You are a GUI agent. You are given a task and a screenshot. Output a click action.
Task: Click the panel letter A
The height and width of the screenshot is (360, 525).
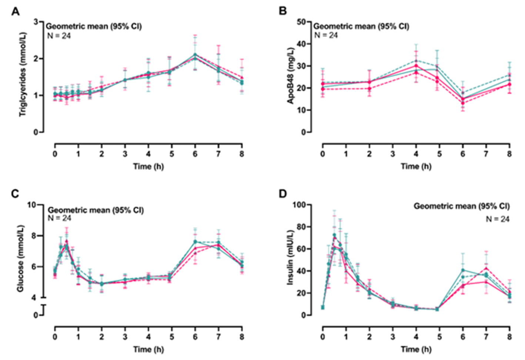[x=15, y=11]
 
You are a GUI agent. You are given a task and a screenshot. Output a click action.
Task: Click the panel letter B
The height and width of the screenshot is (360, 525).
[x=282, y=11]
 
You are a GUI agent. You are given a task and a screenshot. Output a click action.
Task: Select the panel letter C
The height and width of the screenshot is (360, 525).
[x=15, y=194]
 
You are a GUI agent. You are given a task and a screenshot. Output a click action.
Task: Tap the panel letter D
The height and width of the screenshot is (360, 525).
[x=282, y=194]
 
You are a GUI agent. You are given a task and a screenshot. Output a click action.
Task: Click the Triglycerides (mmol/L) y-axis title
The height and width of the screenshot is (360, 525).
[x=23, y=74]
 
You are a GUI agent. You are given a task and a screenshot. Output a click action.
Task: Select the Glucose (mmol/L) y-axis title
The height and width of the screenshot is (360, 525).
[x=21, y=258]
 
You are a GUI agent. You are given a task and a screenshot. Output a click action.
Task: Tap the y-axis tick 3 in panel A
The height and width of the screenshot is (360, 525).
[x=36, y=22]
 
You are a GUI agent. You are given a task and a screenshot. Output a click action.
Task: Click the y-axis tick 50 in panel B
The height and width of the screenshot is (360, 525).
[x=301, y=22]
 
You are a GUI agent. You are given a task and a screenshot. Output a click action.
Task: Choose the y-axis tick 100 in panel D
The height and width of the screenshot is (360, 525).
[x=300, y=205]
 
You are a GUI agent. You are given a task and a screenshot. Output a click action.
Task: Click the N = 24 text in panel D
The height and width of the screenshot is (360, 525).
[x=497, y=219]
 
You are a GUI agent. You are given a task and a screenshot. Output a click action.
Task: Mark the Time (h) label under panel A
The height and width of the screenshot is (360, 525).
[x=148, y=166]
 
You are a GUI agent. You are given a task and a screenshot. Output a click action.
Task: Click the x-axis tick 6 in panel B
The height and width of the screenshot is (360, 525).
[x=463, y=154]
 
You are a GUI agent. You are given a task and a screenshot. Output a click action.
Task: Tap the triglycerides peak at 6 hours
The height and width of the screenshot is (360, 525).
[x=195, y=56]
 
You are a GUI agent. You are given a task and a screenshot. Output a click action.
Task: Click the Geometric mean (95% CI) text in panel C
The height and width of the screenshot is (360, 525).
[x=96, y=210]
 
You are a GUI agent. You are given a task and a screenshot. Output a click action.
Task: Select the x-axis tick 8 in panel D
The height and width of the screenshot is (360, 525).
[x=509, y=337]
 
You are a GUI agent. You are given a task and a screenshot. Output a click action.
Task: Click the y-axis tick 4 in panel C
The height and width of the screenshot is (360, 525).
[x=34, y=297]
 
